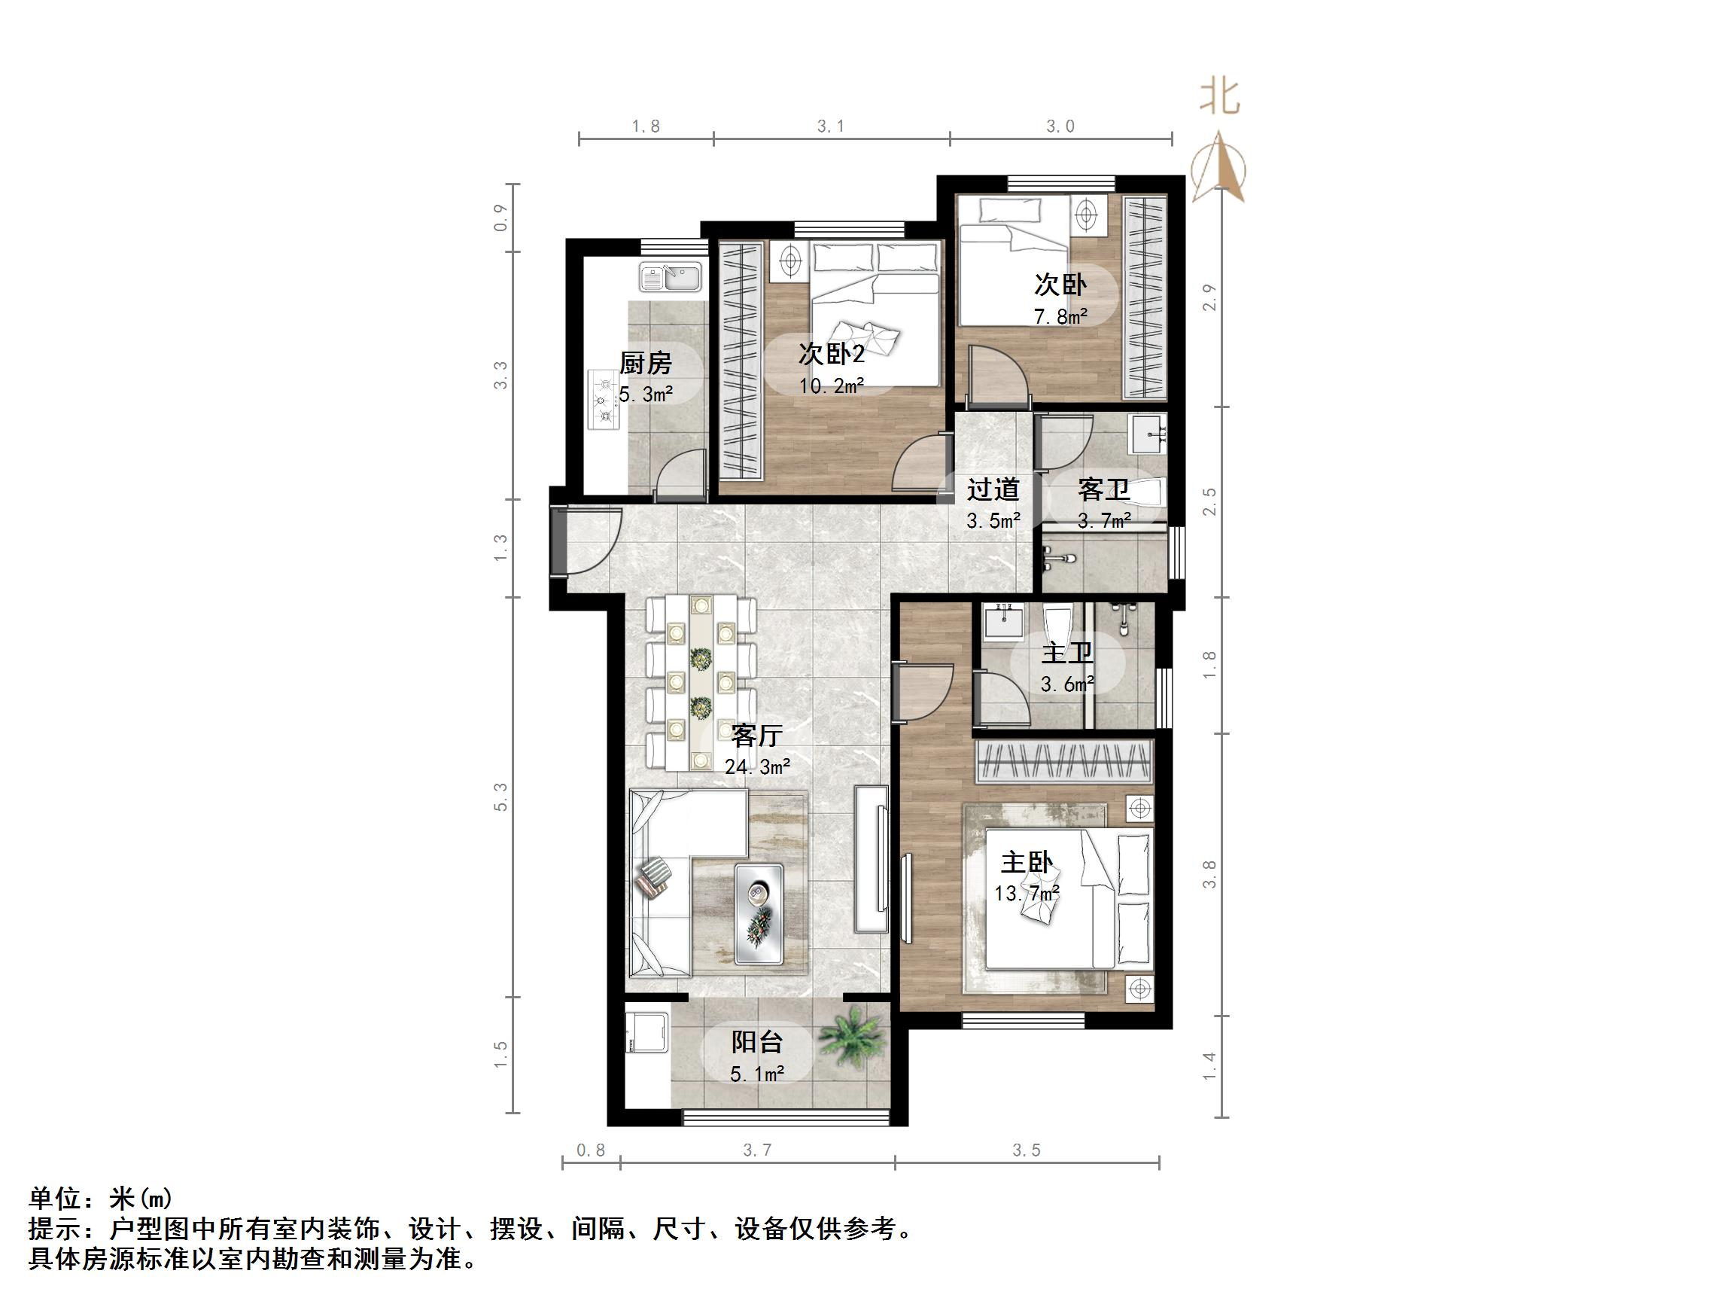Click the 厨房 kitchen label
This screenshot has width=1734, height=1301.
click(x=645, y=363)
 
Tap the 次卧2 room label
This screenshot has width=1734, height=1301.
click(x=831, y=355)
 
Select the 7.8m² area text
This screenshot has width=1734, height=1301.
click(x=1060, y=317)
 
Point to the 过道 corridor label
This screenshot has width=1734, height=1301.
click(x=993, y=489)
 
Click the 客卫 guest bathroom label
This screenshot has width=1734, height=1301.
click(x=1104, y=489)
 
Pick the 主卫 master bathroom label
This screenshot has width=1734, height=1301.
click(x=1067, y=654)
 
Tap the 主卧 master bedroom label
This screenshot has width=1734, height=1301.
click(x=1026, y=863)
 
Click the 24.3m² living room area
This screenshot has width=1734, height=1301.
click(x=756, y=766)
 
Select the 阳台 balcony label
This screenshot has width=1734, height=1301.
click(x=756, y=1042)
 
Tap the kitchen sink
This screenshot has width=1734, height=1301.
click(x=671, y=277)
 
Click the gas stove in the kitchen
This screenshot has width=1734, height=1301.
click(x=604, y=400)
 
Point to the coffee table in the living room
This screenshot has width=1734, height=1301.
click(x=759, y=916)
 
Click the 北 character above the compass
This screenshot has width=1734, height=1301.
click(x=1219, y=97)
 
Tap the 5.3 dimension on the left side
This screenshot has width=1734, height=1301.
click(x=501, y=797)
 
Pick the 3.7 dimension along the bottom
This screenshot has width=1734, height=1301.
click(x=757, y=1150)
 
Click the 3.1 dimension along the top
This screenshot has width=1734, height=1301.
click(x=830, y=126)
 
